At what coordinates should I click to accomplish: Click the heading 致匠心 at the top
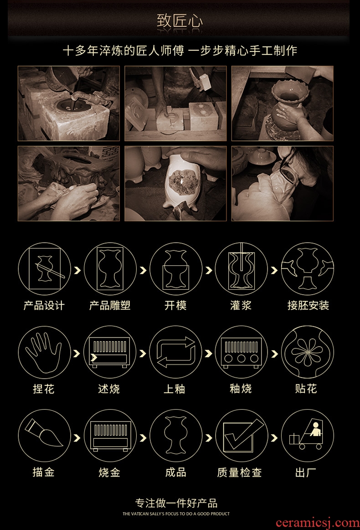(x=180, y=21)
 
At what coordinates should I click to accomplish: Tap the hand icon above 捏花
(x=44, y=353)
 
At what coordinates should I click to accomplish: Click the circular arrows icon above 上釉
(x=175, y=353)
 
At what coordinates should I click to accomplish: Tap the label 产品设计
(x=44, y=306)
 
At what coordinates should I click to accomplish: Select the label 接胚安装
(x=308, y=306)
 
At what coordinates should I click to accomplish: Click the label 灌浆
(x=241, y=306)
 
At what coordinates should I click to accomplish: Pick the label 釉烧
(x=241, y=389)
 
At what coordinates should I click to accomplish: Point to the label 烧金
(x=109, y=472)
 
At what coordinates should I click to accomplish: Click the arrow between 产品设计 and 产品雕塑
(x=77, y=270)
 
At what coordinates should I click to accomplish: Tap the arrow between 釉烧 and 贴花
(x=275, y=353)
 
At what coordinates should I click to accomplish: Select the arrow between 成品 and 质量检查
(x=209, y=438)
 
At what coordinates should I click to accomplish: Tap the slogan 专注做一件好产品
(x=176, y=503)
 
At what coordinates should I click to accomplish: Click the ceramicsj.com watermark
(x=318, y=523)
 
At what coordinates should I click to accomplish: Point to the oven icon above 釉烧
(x=241, y=353)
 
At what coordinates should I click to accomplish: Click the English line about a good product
(x=176, y=514)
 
